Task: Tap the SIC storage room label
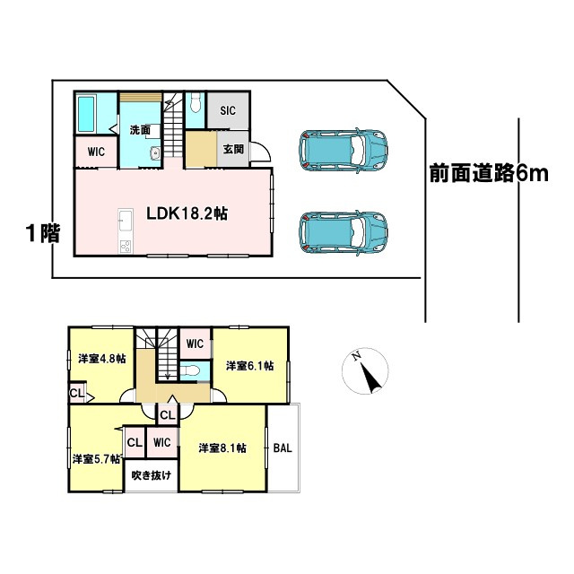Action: (228, 110)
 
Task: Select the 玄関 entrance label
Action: (233, 149)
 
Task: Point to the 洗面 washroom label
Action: (139, 130)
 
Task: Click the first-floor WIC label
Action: (96, 152)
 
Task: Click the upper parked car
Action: (344, 150)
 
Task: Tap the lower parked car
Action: (344, 231)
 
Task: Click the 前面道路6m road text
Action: (487, 174)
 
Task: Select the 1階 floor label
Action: (42, 234)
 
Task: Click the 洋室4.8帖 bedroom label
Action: (100, 358)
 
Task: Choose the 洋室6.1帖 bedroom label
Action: (249, 366)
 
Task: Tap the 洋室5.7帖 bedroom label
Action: (96, 458)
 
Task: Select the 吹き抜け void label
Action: (151, 475)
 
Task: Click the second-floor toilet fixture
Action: (190, 370)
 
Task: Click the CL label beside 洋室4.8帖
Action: (76, 393)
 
